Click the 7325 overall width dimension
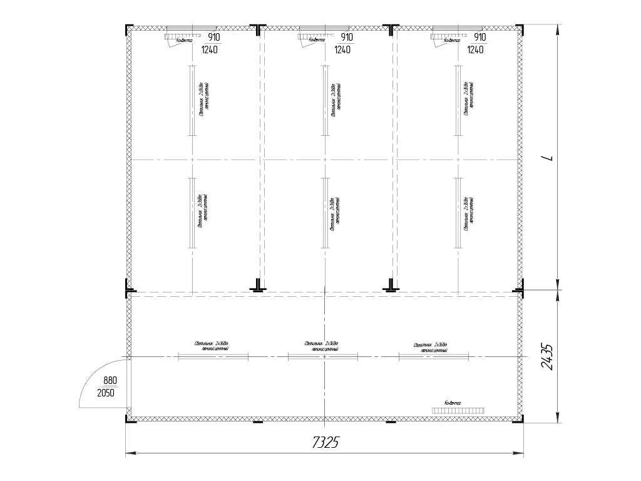325,443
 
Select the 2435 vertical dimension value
546,356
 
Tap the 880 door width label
111,380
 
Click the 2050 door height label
106,393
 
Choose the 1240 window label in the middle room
342,50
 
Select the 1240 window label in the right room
475,50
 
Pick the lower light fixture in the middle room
325,213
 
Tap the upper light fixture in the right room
458,100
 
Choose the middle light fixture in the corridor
322,356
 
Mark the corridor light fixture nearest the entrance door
213,356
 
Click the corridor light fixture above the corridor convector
434,356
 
